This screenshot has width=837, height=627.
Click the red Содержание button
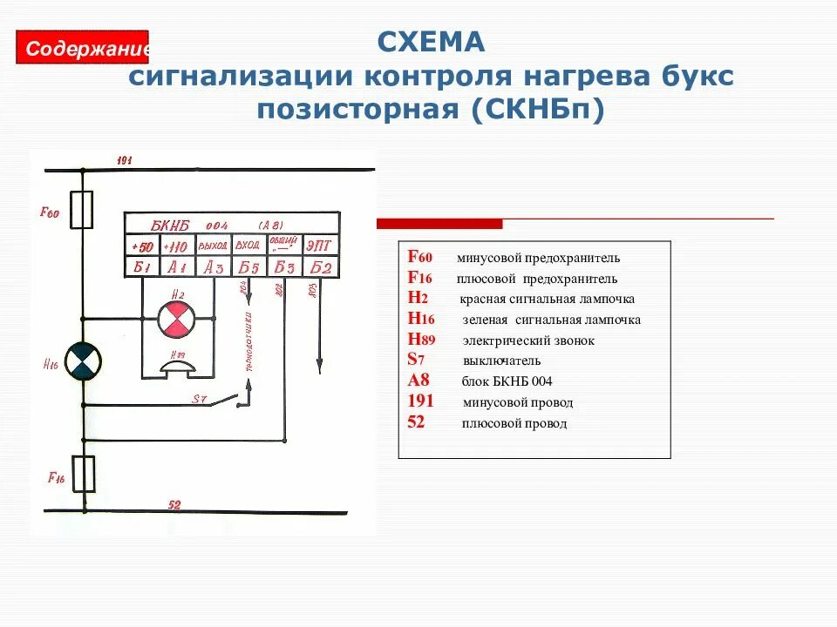pos(84,47)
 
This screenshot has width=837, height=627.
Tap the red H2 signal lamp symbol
pos(177,320)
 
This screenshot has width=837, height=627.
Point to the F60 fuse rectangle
pos(82,210)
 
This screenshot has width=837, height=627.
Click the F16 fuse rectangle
pos(84,474)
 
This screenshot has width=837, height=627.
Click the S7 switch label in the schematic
pos(200,399)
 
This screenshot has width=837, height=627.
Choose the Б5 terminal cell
pos(248,267)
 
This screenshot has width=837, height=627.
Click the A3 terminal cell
pos(213,267)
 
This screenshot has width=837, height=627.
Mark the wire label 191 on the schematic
pos(123,160)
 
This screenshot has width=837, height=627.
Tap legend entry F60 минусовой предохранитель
pos(514,258)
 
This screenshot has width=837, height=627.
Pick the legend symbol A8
pos(418,381)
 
